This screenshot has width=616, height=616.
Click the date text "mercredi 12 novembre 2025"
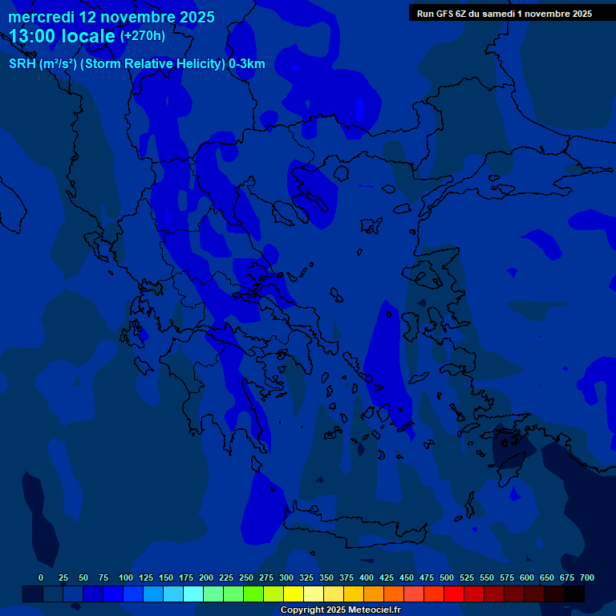tap(111, 17)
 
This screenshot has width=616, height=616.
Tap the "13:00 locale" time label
tap(63, 36)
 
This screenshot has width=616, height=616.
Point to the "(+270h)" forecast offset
tap(143, 36)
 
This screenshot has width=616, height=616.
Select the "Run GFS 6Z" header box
tap(504, 13)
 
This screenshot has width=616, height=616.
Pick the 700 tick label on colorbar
tap(586, 577)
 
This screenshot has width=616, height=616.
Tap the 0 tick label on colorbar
tap(41, 577)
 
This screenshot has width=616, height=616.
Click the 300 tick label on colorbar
tap(286, 577)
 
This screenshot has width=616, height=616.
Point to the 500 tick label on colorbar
tap(447, 577)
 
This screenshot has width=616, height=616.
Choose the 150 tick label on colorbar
tap(166, 577)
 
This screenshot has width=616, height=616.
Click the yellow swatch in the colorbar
tap(294, 594)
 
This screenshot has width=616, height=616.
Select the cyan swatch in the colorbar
tap(193, 594)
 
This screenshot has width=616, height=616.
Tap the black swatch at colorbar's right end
tap(574, 594)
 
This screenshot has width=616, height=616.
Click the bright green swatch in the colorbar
tap(253, 594)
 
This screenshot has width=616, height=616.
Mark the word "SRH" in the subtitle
tap(22, 64)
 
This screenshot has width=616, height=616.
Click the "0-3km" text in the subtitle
tap(246, 64)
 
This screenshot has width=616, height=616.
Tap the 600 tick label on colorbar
tap(527, 577)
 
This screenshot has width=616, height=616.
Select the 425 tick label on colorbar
tap(387, 577)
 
